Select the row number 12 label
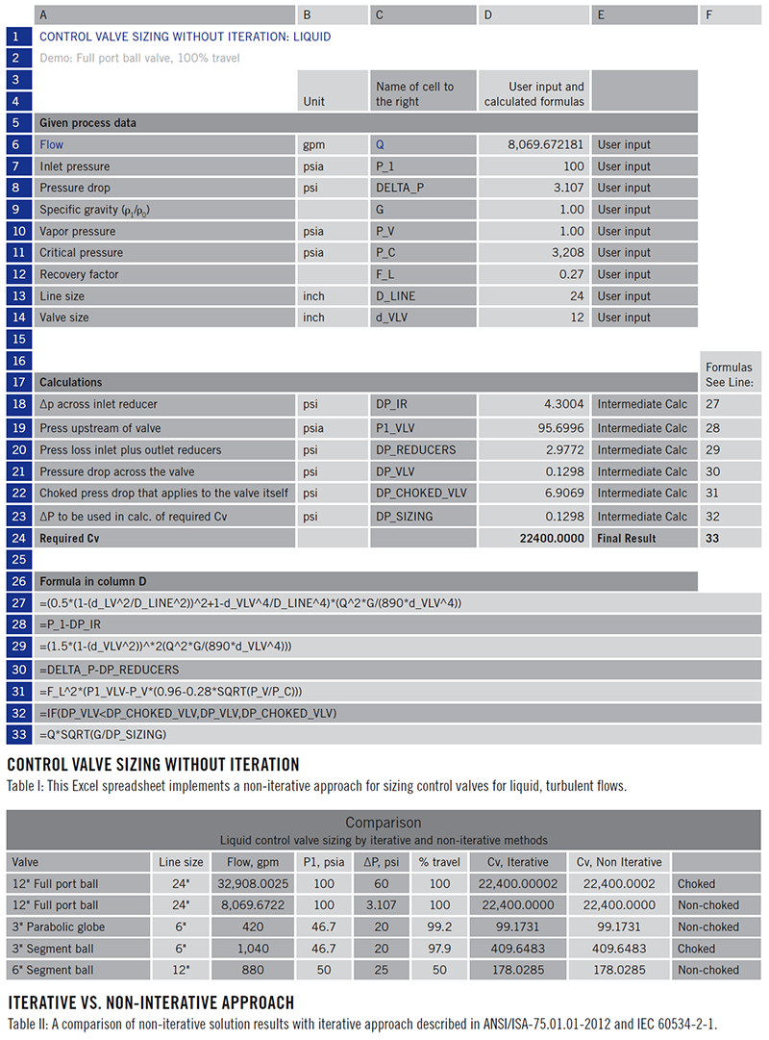(16, 274)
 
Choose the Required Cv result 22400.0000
(544, 538)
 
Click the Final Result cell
(627, 538)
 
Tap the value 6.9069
(562, 494)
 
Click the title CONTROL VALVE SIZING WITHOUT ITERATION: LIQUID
(185, 37)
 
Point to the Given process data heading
(87, 123)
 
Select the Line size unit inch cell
(315, 296)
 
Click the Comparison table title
(383, 823)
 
